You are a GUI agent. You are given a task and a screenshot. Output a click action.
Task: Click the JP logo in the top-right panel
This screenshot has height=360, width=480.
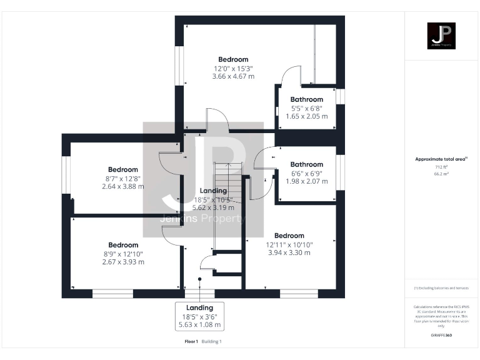(441, 36)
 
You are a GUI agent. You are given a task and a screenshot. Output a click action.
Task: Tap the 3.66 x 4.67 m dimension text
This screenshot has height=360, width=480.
(233, 76)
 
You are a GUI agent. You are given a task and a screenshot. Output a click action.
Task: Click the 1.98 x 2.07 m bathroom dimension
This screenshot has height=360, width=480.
(306, 181)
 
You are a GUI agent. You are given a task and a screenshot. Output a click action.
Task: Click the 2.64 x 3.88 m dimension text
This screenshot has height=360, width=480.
(122, 186)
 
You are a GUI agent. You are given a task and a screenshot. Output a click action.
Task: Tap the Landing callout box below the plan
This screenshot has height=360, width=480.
(199, 316)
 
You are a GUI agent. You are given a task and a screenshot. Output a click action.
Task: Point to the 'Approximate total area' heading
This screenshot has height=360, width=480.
(441, 159)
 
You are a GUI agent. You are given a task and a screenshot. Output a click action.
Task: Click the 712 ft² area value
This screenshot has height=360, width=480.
(441, 167)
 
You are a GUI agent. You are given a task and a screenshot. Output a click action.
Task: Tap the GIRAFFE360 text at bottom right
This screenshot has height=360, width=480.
(441, 336)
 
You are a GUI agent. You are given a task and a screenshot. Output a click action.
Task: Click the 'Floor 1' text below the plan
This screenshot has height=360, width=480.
(191, 341)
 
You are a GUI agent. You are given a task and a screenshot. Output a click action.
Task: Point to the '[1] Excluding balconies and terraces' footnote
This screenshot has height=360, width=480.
(441, 287)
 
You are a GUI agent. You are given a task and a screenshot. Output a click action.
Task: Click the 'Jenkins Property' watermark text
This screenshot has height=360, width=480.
(203, 219)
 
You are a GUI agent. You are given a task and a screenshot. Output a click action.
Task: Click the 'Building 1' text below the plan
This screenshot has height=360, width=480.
(211, 341)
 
